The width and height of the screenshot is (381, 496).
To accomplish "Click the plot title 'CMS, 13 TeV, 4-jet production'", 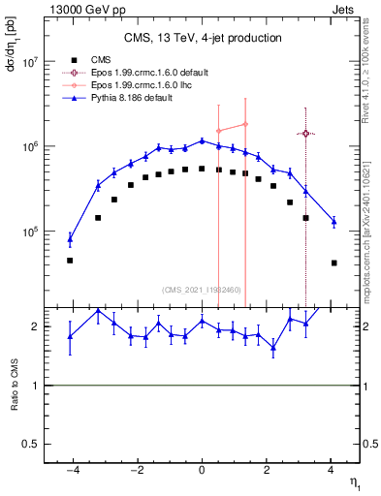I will click(x=203, y=38).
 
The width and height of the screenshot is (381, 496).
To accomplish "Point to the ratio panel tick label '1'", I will click(x=36, y=386).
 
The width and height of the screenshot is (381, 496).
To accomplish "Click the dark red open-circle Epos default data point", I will click(x=305, y=134).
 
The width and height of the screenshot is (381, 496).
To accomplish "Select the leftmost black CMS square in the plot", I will click(x=70, y=261).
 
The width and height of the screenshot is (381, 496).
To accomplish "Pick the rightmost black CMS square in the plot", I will click(x=333, y=263).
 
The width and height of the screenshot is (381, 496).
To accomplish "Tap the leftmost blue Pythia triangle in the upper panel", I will click(x=70, y=238).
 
